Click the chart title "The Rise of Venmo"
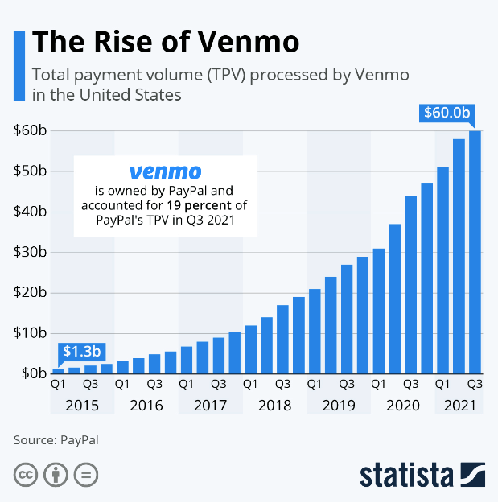click(166, 41)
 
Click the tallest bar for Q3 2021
click(475, 251)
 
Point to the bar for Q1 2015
click(58, 370)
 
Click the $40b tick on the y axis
click(30, 212)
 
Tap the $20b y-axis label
click(30, 292)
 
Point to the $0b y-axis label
click(33, 373)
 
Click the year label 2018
click(274, 406)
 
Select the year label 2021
click(459, 406)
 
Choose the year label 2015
click(82, 406)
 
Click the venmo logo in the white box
click(165, 172)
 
